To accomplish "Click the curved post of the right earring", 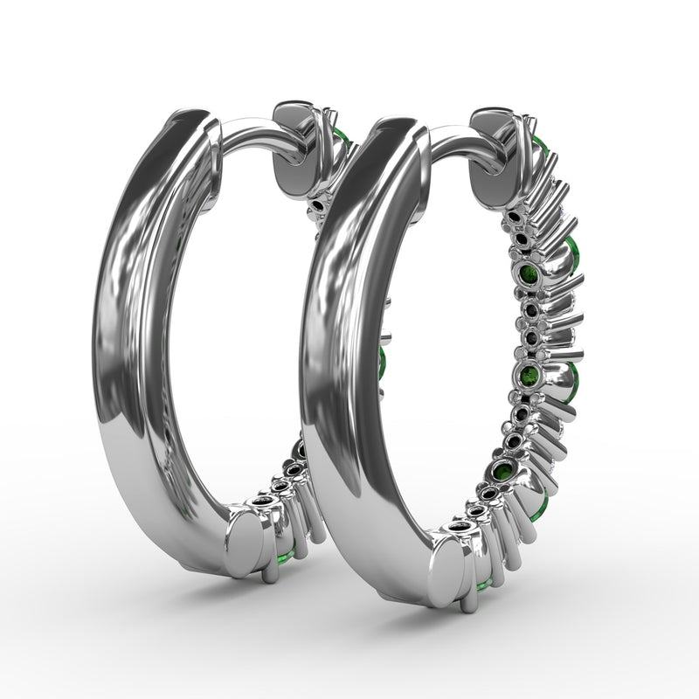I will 454,141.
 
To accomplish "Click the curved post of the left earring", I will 253,135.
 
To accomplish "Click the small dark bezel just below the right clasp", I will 513,216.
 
